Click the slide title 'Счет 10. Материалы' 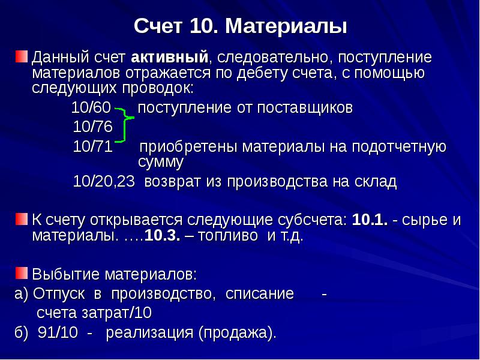[240, 26]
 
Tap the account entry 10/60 [91, 109]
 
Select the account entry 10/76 [92, 127]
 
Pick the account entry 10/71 [92, 146]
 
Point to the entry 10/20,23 [103, 181]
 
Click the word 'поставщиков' [305, 109]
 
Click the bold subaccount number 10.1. [368, 219]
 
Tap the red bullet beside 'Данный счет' [22, 57]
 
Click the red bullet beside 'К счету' [22, 218]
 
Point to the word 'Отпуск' [58, 293]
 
